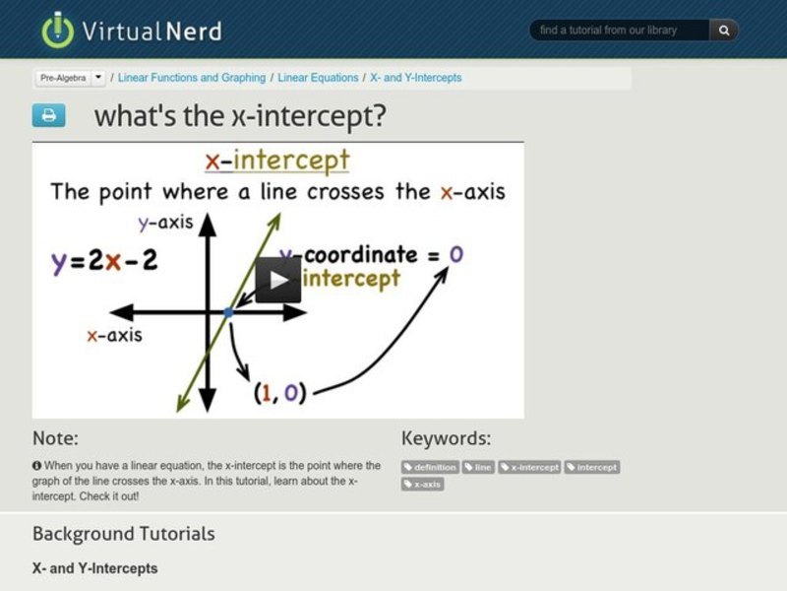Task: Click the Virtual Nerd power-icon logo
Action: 58,30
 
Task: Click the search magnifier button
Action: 724,31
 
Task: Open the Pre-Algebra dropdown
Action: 71,77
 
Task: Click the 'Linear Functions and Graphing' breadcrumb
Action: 192,77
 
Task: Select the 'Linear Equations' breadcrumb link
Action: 319,77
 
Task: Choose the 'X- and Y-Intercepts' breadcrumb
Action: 416,77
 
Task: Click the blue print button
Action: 48,116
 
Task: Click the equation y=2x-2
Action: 104,262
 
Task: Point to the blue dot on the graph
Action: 228,312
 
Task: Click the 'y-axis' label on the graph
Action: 164,224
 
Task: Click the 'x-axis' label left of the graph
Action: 114,336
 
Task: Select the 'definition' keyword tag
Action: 430,468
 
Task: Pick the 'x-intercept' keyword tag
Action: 529,468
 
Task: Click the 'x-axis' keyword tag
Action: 423,485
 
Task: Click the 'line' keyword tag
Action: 478,468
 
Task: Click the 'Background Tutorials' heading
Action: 123,534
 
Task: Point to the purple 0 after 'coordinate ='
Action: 455,254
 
